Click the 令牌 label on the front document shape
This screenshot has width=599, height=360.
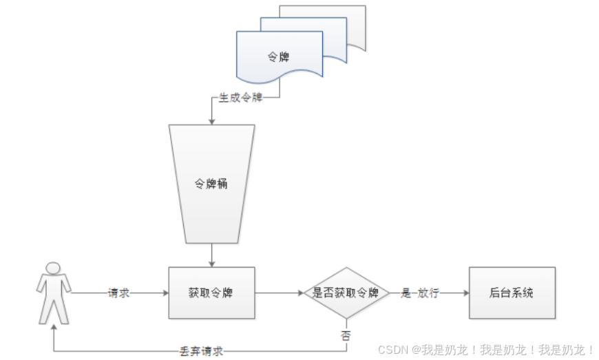(x=279, y=56)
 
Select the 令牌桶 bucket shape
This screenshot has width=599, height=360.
(x=211, y=184)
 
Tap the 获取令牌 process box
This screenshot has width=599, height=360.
(x=211, y=293)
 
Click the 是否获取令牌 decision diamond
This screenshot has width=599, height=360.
(x=346, y=293)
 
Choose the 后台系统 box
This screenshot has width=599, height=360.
(x=512, y=293)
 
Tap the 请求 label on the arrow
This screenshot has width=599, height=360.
(x=118, y=293)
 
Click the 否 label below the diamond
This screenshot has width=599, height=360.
(x=346, y=335)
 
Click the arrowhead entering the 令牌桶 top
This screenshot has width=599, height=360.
(x=211, y=121)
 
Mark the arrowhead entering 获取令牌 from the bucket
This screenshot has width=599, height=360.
(x=211, y=264)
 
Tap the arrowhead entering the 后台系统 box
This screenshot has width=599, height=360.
(x=465, y=293)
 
